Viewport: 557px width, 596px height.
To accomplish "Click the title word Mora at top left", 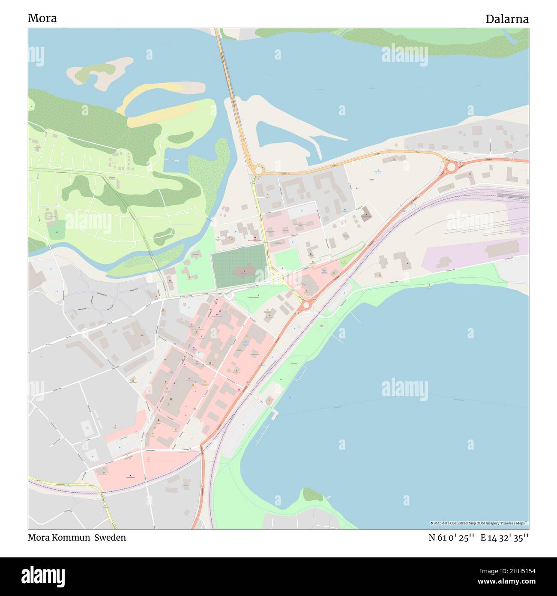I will point(42,18).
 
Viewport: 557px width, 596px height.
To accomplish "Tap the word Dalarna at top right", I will point(507,19).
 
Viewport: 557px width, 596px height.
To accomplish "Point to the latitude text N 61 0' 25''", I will point(451,538).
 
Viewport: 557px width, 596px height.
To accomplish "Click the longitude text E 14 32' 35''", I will point(504,538).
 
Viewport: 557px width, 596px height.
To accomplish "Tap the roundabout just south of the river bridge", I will point(258,171).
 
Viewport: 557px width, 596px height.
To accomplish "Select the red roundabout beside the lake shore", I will point(306,305).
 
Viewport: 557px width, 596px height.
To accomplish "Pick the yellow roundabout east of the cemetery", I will point(277,279).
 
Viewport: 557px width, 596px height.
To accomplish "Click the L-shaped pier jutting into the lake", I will point(275,413).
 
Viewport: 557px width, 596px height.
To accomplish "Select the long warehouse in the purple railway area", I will point(502,248).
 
